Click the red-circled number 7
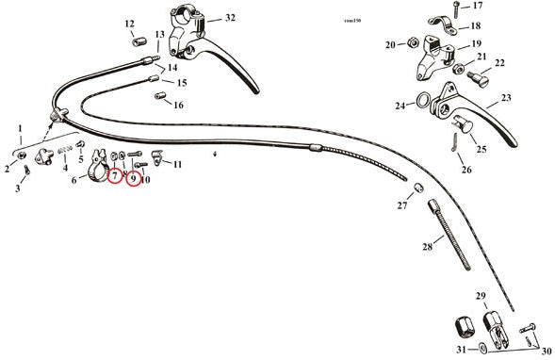115,174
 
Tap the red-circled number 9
134,179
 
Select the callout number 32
230,17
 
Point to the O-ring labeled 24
423,100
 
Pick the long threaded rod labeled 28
450,235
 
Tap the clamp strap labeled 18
444,25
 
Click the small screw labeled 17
455,9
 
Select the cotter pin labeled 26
455,142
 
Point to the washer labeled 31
482,348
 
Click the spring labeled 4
65,150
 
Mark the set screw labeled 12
139,42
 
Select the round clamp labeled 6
97,167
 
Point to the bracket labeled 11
156,157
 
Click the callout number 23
506,97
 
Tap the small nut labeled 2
22,155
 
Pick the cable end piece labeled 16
161,96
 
